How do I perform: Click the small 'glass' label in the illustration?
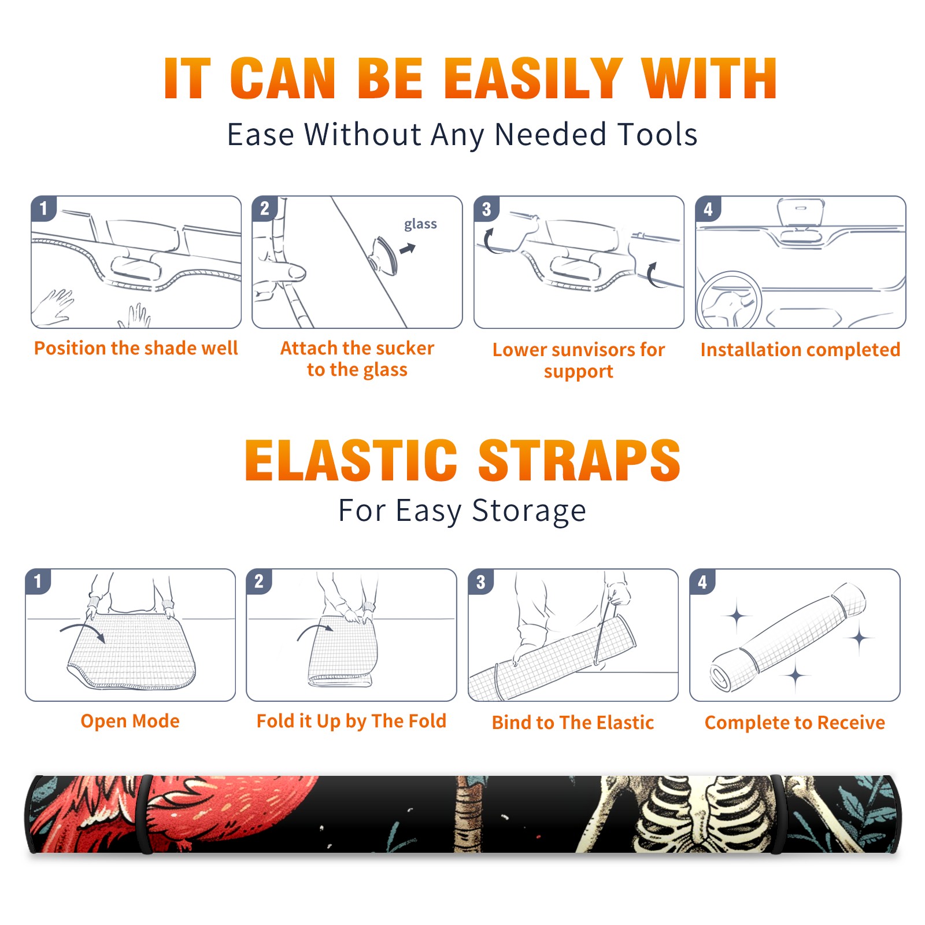420,224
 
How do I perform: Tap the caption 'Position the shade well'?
136,348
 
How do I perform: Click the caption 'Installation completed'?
800,349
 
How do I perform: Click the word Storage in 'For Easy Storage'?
529,510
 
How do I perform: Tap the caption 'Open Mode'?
130,721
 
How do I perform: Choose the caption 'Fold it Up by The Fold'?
351,721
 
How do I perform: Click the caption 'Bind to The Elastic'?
573,722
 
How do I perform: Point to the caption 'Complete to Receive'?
795,722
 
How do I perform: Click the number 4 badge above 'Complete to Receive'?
702,582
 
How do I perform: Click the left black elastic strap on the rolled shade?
145,814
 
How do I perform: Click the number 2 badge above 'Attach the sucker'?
265,209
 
